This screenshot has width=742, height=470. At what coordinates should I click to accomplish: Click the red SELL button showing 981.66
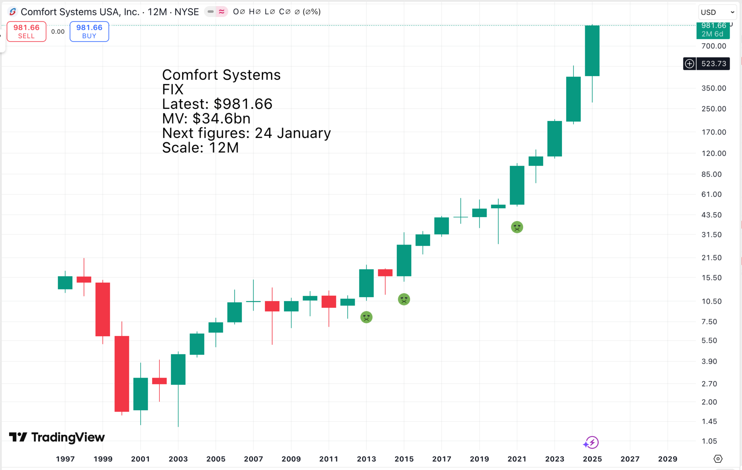pos(26,32)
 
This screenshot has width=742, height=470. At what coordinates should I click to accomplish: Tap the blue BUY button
pos(89,32)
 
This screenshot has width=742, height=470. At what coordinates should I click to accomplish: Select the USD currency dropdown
pos(717,12)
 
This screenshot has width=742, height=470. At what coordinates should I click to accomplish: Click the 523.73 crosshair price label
pos(713,64)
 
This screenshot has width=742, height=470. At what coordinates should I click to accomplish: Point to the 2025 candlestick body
pos(592,51)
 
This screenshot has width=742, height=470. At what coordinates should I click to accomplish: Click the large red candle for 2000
pos(122,373)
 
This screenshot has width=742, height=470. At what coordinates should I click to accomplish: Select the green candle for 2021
pos(517,185)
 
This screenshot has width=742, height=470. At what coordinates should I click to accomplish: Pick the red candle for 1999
pos(103,309)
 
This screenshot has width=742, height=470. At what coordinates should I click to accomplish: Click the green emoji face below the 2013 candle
pos(366,317)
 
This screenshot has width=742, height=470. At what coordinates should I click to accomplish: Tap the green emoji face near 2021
pos(517,227)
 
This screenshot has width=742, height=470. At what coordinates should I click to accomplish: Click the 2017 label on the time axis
pos(442,459)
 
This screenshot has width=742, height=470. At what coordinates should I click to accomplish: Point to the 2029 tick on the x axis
pos(667,459)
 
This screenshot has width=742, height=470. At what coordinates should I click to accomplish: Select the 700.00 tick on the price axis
pos(713,46)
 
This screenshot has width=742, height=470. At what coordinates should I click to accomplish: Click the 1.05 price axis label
pos(709,441)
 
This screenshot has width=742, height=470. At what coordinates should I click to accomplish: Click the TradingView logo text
pos(68,437)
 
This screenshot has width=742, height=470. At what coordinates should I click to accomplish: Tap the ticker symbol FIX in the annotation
pos(173,90)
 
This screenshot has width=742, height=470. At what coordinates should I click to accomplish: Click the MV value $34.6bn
pos(221,118)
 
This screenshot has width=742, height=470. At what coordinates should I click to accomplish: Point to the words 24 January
pos(293,133)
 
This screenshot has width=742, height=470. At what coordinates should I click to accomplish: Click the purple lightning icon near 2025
pos(591,442)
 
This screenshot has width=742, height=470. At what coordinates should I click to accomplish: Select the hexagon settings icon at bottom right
pos(718,459)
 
